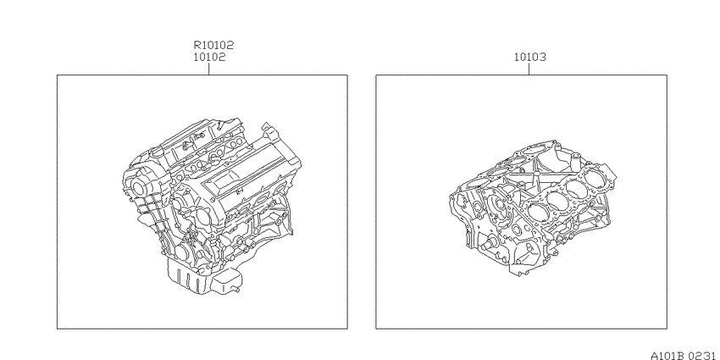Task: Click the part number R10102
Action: click(213, 45)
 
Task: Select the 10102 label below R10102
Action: click(209, 58)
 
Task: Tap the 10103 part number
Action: click(530, 58)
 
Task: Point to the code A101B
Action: click(667, 356)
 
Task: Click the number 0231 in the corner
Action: click(703, 356)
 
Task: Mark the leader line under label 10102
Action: click(209, 69)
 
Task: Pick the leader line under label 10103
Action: click(529, 69)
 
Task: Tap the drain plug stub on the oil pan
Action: click(237, 290)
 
